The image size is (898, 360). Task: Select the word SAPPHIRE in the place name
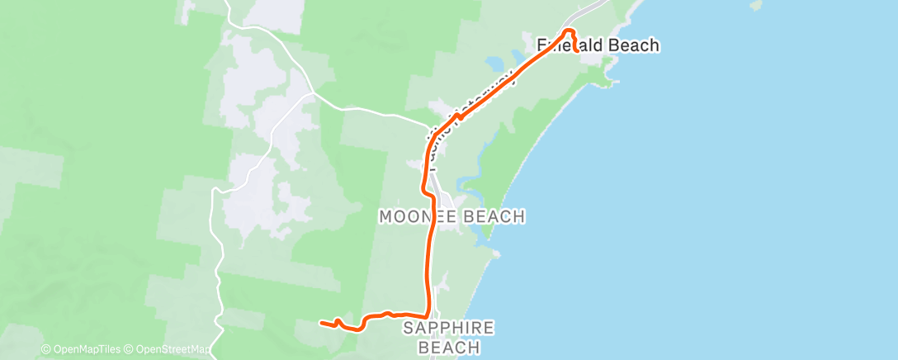click(449, 329)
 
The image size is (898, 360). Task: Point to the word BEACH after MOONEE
click(489, 217)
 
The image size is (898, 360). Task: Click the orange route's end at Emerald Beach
click(575, 50)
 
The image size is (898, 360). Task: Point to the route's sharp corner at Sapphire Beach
click(428, 315)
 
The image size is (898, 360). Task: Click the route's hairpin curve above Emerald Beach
click(568, 31)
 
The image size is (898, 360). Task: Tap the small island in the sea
click(755, 5)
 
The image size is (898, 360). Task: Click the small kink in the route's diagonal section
click(456, 118)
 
